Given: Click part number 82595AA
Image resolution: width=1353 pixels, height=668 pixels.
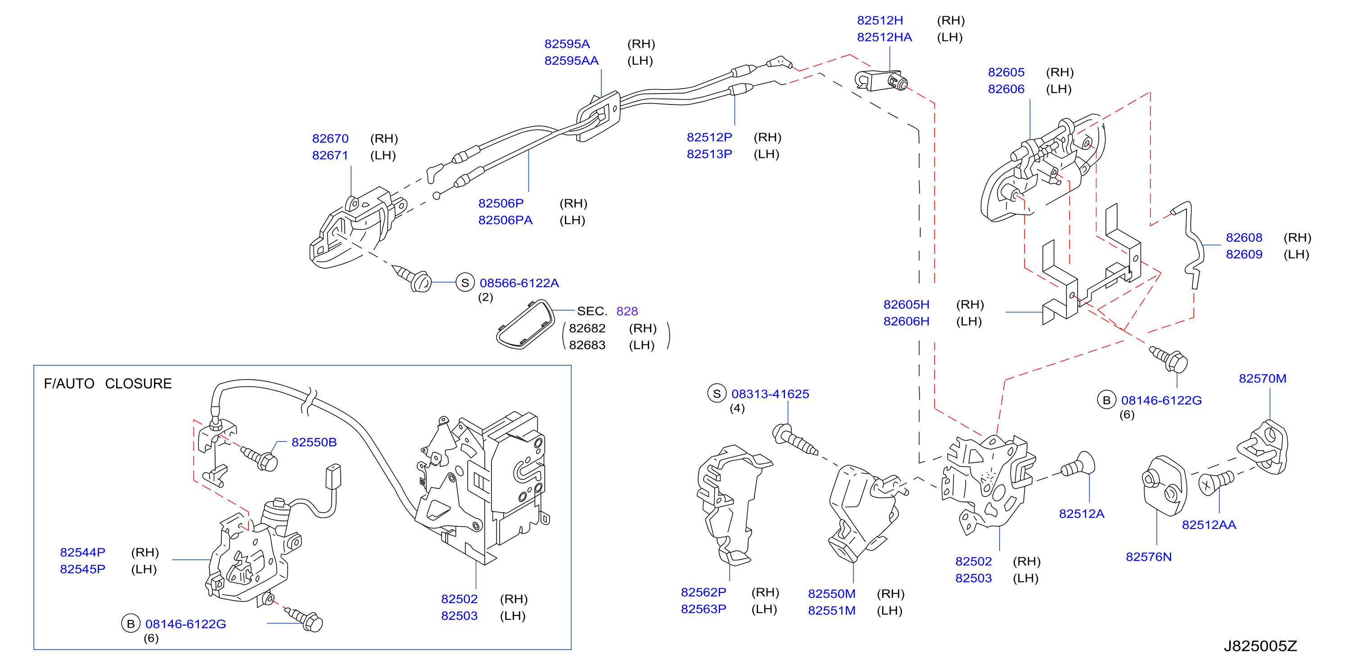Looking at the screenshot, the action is [572, 60].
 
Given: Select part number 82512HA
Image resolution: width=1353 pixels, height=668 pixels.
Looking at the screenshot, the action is [884, 37].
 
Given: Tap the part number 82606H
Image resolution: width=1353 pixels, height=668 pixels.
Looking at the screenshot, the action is [906, 321].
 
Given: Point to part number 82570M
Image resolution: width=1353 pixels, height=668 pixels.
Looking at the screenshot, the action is [1262, 378].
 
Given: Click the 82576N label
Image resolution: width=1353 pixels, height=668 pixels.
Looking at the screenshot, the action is [1149, 557].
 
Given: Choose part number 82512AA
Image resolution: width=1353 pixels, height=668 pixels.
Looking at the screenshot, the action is [1209, 525].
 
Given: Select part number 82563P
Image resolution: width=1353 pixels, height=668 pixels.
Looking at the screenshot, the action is [704, 609].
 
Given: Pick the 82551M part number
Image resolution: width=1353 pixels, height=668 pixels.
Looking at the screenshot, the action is [831, 610].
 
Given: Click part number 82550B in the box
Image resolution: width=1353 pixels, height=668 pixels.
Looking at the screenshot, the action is [314, 442].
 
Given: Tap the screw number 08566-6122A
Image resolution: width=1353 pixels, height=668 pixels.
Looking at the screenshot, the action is [519, 283].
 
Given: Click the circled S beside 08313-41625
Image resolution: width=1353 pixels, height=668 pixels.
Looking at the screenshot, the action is [717, 393].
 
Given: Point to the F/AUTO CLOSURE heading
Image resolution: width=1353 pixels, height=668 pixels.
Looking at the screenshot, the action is [108, 384].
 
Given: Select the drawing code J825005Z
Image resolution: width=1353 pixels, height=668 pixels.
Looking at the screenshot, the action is [1260, 646].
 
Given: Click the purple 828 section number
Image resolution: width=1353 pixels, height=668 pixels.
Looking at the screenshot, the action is [627, 311].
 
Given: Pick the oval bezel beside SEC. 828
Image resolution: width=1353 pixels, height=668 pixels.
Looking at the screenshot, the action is [525, 325].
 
